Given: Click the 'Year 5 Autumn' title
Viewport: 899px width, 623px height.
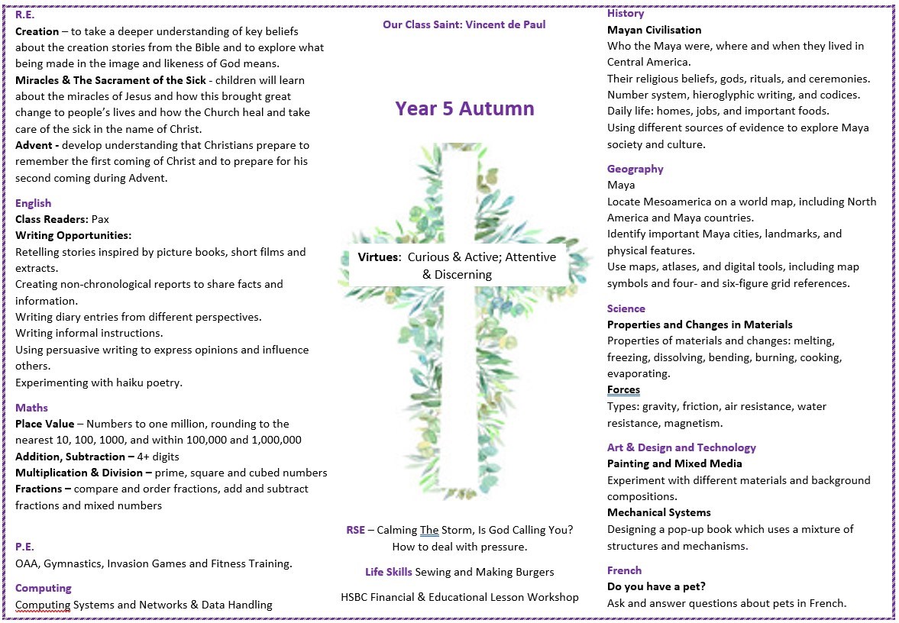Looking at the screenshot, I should (464, 108).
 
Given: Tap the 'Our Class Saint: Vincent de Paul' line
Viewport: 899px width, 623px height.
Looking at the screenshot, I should (464, 24).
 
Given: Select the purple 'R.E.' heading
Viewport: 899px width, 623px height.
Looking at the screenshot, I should (25, 15).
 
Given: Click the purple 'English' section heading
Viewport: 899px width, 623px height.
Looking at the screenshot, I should (34, 203).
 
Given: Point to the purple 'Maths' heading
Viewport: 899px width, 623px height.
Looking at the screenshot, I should (31, 408).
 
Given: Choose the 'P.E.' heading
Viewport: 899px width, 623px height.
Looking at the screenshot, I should (24, 547).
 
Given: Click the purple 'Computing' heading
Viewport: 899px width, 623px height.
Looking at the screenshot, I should (44, 588).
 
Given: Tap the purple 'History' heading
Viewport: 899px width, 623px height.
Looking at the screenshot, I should (626, 13).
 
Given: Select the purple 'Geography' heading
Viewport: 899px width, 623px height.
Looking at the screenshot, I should (635, 169).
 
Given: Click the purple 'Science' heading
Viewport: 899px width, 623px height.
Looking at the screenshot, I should (626, 308).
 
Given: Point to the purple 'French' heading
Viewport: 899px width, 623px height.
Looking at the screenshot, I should (624, 570).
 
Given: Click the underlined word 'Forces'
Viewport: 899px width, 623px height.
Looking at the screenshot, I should (623, 390).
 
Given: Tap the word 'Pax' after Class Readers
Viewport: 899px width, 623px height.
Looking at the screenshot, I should (100, 219).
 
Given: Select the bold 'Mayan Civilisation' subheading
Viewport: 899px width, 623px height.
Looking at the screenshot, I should (654, 30).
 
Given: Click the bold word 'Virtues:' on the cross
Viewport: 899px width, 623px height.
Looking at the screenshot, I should (380, 257).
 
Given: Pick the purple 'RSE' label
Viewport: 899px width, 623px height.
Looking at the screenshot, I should (356, 530).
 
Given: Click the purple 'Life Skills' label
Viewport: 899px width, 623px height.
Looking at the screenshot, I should (389, 571).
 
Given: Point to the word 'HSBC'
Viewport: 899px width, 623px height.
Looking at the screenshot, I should (357, 597).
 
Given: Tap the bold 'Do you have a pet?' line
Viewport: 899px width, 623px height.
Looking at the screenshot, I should (656, 586).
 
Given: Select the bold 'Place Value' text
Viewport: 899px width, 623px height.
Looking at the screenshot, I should (45, 424).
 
